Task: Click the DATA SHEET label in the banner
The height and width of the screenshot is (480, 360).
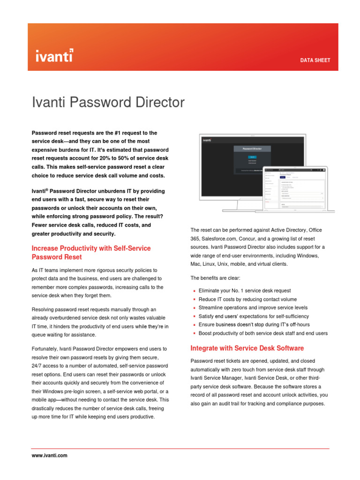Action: pos(315,60)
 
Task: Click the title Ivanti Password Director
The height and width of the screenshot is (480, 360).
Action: pos(108,103)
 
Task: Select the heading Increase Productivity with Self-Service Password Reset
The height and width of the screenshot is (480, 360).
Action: pos(91,253)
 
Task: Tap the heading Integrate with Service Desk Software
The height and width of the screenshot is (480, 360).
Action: pos(247,348)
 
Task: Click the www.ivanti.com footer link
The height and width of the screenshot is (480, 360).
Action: pos(49,455)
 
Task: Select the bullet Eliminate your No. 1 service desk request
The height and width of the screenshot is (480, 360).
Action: pos(245,291)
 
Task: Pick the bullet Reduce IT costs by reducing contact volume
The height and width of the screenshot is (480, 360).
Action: pos(247,299)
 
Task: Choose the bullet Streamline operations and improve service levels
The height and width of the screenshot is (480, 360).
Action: pos(253,307)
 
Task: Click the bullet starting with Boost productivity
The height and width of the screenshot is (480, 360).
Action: pos(263,333)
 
